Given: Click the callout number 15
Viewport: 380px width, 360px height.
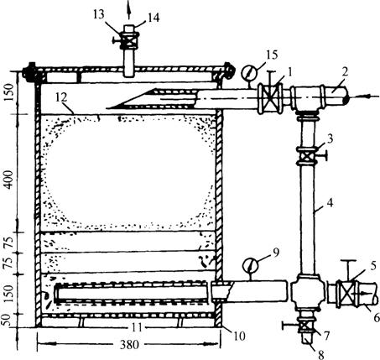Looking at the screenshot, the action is click(272, 55).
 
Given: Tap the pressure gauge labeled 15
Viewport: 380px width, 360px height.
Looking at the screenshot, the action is click(248, 73).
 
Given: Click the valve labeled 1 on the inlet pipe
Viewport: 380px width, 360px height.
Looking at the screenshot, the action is click(270, 97).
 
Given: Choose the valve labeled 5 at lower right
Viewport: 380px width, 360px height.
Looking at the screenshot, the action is click(347, 294).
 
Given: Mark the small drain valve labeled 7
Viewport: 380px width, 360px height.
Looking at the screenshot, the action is click(307, 326).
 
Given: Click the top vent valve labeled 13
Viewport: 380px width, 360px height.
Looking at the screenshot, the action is click(129, 41).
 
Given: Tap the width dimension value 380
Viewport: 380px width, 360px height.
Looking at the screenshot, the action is click(129, 345).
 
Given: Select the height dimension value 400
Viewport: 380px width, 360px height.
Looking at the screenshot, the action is click(8, 180).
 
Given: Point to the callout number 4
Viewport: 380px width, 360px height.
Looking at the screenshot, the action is click(331, 203).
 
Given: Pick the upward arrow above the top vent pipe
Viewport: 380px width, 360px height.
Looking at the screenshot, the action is click(129, 10).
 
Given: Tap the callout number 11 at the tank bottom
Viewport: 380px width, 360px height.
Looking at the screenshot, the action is click(137, 327).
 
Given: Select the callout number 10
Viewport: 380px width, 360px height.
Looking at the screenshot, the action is click(240, 336).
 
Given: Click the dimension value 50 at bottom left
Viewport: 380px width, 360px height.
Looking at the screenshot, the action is click(8, 320).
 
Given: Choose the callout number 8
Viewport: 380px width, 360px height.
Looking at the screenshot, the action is click(321, 355).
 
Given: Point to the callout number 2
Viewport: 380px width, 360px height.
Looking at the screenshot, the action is click(345, 72).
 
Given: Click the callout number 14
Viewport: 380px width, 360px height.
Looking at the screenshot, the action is click(154, 18).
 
